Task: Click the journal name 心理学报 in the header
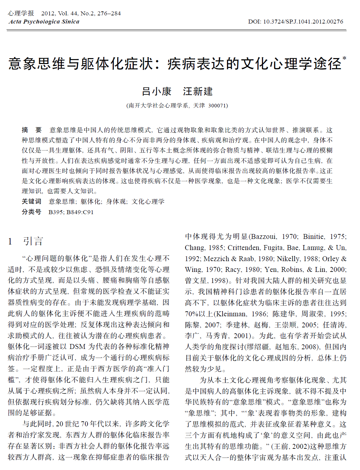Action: (21, 13)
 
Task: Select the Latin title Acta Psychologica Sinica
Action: (44, 22)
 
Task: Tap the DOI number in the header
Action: (303, 22)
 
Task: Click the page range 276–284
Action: (109, 13)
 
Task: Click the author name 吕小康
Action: (156, 91)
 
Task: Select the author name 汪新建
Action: (198, 91)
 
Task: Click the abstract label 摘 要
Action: (32, 130)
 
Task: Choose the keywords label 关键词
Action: (32, 201)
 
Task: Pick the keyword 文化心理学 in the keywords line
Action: (148, 201)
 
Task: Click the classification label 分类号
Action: (32, 212)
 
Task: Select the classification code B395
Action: (56, 212)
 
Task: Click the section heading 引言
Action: (33, 241)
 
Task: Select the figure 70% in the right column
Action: (192, 314)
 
